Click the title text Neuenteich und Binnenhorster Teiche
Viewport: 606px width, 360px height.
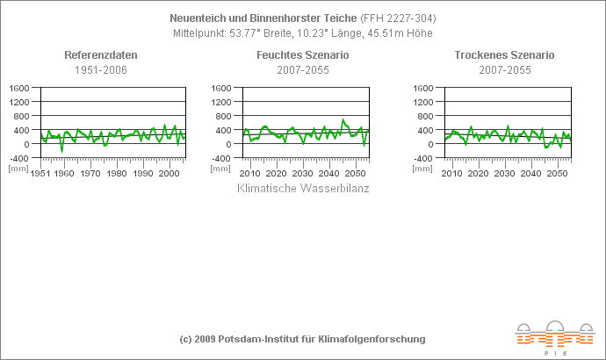pos(263,18)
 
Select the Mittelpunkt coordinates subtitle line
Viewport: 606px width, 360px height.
pos(303,33)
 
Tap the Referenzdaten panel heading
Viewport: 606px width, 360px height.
pos(101,55)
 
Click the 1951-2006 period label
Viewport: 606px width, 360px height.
pos(101,69)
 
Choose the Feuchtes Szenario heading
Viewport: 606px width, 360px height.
pos(302,55)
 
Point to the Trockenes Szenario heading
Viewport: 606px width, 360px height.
pos(504,55)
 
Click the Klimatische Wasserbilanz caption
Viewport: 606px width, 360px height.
pos(304,188)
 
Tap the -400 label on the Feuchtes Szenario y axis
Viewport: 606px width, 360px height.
pos(221,158)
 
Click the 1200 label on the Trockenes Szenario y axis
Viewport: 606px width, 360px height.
pos(422,102)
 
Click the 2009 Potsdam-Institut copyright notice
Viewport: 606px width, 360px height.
pos(302,339)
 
